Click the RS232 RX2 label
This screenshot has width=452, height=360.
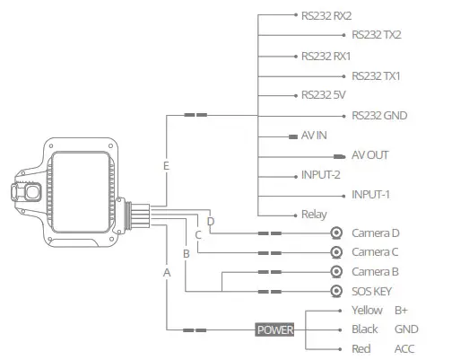coord(327,15)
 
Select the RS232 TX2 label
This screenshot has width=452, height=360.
coord(376,35)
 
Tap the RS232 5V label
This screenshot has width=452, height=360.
coord(324,94)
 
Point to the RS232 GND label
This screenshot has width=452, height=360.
coord(379,114)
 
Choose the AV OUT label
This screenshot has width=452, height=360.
coord(370,154)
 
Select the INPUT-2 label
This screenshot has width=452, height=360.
coord(321,175)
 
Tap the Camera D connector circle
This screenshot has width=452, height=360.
coord(336,233)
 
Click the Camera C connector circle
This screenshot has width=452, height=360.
coord(336,252)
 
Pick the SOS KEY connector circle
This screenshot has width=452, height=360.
coord(336,292)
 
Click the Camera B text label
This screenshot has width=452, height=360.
coord(374,272)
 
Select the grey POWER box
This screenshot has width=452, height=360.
coord(275,329)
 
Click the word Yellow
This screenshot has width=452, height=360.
coord(367,311)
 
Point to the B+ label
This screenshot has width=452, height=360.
coord(401,311)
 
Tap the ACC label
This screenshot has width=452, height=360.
coord(405,348)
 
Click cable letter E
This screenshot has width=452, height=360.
coord(166,167)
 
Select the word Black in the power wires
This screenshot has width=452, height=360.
coord(365,329)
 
